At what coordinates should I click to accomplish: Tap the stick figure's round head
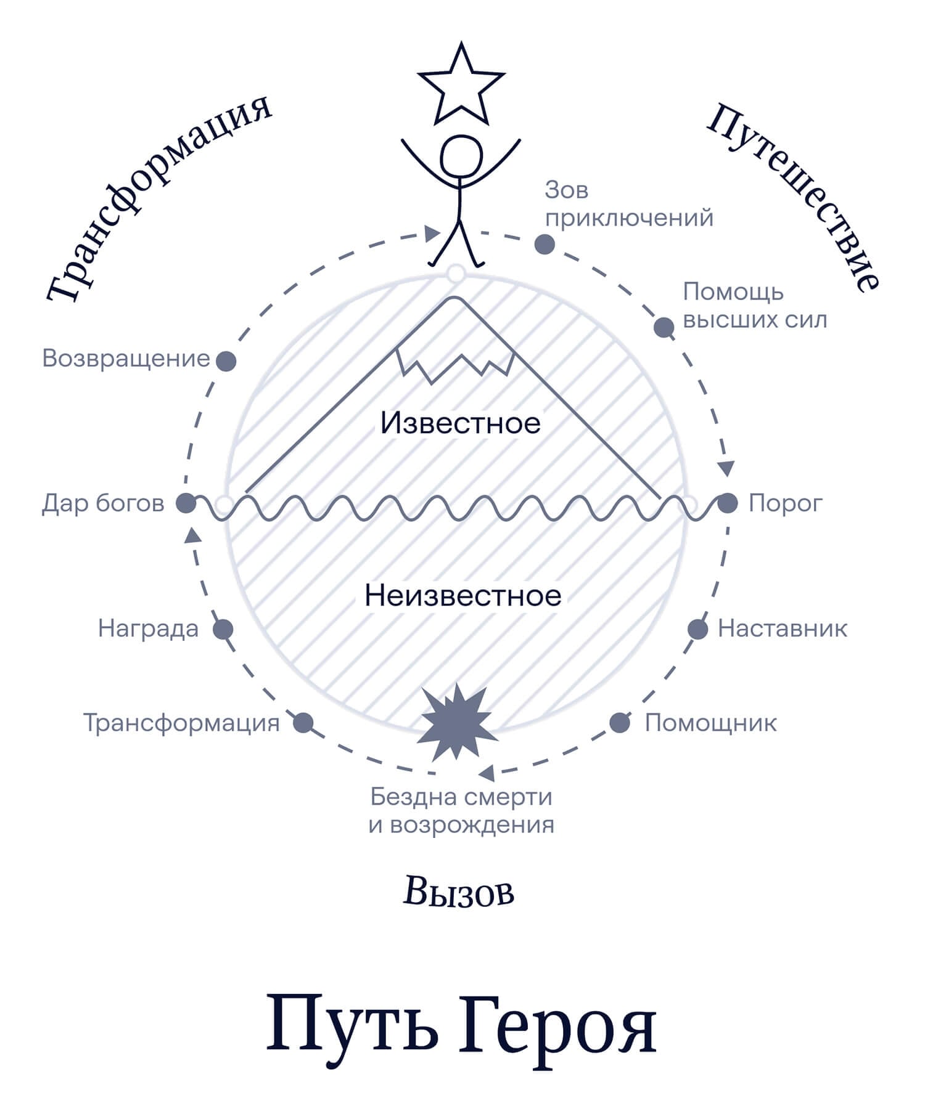point(461,157)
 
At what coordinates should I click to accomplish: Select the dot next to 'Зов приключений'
point(544,245)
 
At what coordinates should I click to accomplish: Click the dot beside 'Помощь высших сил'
point(664,327)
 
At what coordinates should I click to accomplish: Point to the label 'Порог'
point(785,503)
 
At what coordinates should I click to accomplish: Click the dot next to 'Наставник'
point(697,629)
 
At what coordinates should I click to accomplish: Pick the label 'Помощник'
point(710,723)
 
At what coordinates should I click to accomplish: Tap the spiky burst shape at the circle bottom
point(457,722)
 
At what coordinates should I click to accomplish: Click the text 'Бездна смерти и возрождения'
point(461,810)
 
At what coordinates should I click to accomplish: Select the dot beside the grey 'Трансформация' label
point(303,723)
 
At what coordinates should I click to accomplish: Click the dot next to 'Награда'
point(223,629)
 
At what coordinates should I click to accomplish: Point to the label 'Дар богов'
point(103,503)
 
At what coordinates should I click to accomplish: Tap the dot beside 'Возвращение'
point(226,361)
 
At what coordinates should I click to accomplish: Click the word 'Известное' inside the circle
point(460,423)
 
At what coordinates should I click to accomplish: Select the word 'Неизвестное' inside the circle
point(462,596)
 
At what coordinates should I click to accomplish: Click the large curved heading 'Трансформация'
point(157,197)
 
